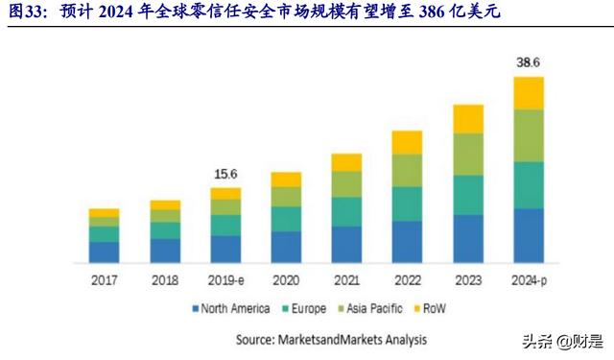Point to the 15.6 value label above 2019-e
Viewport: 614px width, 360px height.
(225, 174)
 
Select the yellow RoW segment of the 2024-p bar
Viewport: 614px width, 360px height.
(529, 93)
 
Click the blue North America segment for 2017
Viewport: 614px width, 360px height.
(104, 252)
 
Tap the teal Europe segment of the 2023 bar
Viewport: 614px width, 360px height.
(468, 195)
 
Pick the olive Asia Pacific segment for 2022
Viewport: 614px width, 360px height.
(407, 170)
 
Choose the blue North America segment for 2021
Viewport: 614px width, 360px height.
(346, 245)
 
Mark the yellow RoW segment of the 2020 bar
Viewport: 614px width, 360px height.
(286, 180)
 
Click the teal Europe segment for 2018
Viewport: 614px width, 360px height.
(165, 230)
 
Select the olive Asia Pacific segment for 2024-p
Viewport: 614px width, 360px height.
(529, 135)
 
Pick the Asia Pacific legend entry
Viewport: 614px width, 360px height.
(375, 309)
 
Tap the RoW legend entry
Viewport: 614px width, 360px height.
(435, 309)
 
